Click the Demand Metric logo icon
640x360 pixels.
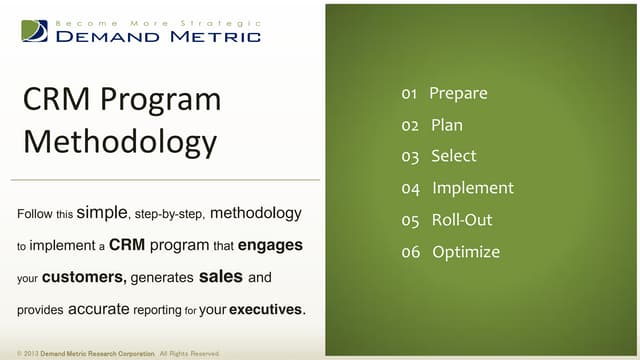[34, 31]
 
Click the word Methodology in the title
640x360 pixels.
[119, 141]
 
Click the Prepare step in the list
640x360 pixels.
[458, 94]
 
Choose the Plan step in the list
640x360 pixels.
[446, 126]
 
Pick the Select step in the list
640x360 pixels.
[453, 156]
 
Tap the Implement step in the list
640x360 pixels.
[472, 188]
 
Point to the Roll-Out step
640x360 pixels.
[461, 220]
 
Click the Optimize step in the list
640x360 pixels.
[465, 252]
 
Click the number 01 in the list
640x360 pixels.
[409, 94]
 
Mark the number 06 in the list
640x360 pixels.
[410, 252]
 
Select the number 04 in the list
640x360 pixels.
[410, 188]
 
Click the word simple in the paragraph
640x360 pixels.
[102, 213]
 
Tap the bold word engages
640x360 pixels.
[270, 244]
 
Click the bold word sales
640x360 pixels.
[221, 277]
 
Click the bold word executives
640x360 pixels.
[266, 310]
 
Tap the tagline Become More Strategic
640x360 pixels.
[159, 21]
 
